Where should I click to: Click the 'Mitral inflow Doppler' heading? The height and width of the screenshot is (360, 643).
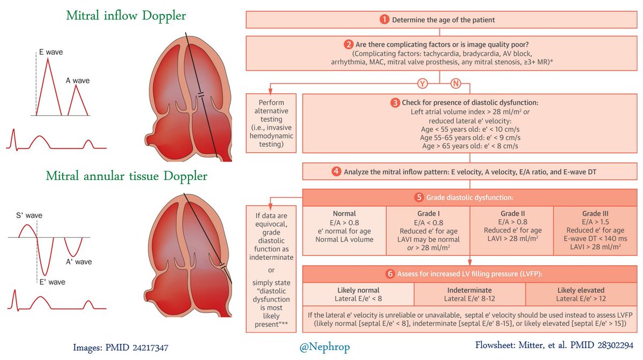click(126, 16)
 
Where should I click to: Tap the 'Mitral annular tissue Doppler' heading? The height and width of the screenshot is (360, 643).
click(126, 176)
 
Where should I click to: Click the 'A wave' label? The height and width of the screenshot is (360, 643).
click(77, 81)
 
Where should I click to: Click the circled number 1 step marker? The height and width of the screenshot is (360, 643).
click(384, 20)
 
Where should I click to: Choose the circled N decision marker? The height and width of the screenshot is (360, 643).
click(455, 84)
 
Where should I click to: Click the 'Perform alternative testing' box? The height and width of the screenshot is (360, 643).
click(271, 123)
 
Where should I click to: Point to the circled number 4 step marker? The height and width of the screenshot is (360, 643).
click(336, 172)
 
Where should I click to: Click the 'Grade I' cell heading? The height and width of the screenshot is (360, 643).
click(428, 213)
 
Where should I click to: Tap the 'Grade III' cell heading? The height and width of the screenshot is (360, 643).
click(595, 213)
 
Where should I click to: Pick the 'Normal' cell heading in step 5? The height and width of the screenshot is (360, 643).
click(345, 213)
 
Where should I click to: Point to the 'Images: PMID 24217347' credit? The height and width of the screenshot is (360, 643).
click(121, 348)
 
